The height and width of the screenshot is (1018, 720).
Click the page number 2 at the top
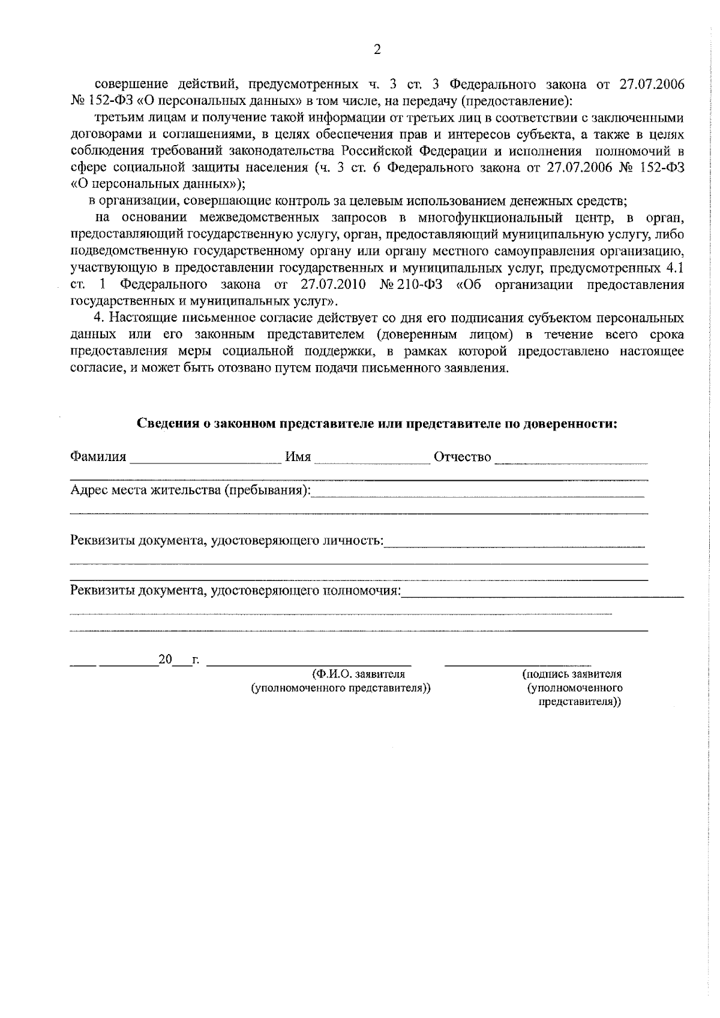click(377, 50)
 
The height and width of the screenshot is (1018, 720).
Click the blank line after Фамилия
click(205, 462)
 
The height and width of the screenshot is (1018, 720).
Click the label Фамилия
click(98, 457)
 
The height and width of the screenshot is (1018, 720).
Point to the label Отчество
click(462, 457)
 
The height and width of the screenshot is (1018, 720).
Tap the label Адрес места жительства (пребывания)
click(190, 490)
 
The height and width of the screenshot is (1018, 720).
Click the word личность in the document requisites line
click(352, 541)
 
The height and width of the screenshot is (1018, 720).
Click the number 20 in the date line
click(165, 661)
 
